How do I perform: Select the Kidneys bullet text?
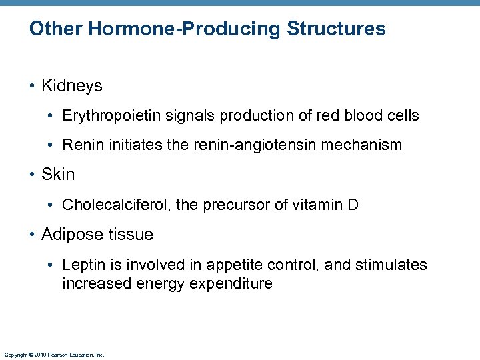(71, 86)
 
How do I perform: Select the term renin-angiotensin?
(258, 145)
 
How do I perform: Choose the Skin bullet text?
(58, 175)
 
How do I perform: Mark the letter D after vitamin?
(353, 205)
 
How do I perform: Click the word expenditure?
(231, 284)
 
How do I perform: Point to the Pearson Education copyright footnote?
(54, 355)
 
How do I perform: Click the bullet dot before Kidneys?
(33, 87)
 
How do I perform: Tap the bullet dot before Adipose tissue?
(33, 235)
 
